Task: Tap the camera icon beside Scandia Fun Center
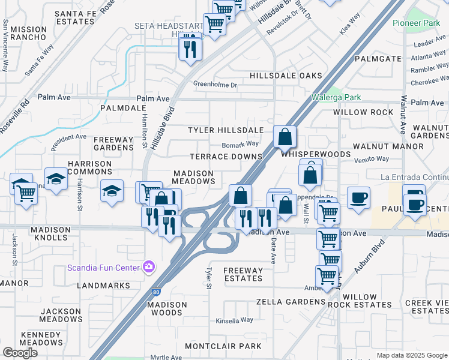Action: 148,267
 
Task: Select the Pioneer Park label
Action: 416,23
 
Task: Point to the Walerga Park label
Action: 336,97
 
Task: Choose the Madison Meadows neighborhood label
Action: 193,177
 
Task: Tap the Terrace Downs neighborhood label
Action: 226,157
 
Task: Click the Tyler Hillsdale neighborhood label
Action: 226,130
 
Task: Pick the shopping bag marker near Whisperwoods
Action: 285,137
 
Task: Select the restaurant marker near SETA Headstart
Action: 190,48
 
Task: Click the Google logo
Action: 20,353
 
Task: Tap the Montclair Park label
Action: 223,346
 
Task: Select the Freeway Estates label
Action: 243,274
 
